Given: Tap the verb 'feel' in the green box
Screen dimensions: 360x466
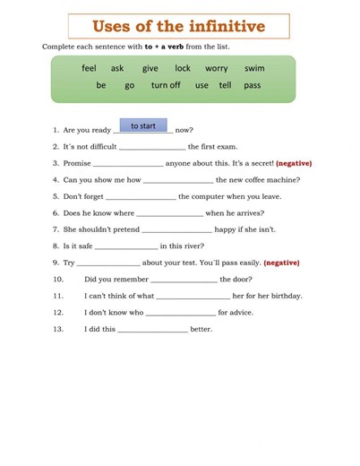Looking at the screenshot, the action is coord(89,68).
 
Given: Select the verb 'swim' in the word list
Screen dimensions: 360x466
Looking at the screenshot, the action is coord(254,68).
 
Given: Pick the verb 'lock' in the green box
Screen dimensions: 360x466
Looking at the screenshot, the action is coord(183,68).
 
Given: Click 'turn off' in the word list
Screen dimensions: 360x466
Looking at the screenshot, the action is coord(166,85).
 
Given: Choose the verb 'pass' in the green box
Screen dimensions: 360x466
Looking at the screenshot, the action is coord(253,85).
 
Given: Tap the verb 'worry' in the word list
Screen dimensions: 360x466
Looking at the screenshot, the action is coord(217,68).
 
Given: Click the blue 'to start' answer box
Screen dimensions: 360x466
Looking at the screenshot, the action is coord(143,126).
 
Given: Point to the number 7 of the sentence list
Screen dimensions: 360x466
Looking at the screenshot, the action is coord(55,229).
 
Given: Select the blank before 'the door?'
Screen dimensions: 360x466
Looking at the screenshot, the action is coord(184,280).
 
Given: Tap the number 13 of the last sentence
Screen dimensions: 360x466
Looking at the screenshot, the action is coord(58,329).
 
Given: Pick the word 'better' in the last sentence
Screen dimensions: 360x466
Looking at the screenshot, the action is coord(201,329).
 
